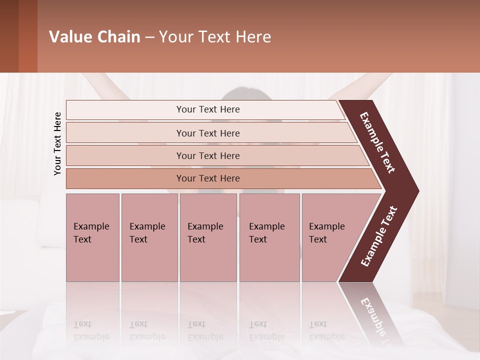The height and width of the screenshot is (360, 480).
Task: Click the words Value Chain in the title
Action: [94, 37]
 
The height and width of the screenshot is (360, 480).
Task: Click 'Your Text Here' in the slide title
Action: [215, 37]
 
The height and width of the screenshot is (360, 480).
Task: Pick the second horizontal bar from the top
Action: [208, 133]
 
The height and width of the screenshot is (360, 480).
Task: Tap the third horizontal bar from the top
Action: [208, 155]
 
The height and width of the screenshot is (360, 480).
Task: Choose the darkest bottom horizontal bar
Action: [208, 178]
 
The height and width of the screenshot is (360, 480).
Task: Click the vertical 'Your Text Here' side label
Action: [57, 144]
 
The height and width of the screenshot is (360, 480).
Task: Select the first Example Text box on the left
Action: [92, 237]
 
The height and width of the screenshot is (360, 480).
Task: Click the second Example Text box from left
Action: [149, 237]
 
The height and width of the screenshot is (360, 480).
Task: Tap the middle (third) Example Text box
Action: [208, 237]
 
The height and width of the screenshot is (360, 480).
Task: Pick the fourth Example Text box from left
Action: [269, 237]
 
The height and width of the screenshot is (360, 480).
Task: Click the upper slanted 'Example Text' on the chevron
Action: [377, 142]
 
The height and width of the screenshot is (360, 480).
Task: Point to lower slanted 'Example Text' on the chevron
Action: [379, 236]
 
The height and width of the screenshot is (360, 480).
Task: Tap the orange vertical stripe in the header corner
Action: [27, 36]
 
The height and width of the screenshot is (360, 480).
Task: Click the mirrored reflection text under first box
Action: [91, 330]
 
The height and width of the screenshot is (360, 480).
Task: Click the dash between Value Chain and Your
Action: [149, 37]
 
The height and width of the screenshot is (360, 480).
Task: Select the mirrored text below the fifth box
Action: [326, 330]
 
